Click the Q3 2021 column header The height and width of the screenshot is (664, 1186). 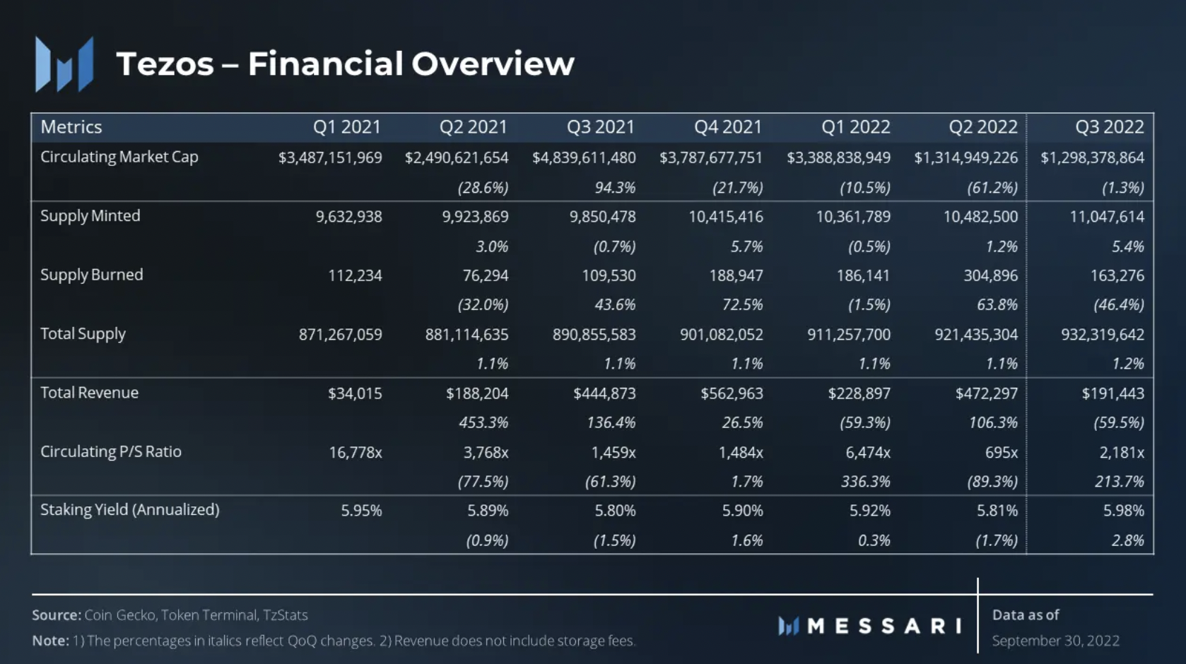tap(600, 127)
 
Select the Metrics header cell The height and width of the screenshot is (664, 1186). tap(71, 127)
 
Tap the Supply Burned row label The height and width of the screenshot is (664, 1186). tap(92, 275)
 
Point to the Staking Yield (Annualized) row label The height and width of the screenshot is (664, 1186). tap(130, 509)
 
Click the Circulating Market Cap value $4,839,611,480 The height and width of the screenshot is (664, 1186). tap(584, 158)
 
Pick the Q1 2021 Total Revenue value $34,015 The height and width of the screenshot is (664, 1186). tap(355, 393)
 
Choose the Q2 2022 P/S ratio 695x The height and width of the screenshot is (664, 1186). tap(1002, 452)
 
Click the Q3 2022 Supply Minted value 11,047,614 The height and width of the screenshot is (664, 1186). tap(1107, 216)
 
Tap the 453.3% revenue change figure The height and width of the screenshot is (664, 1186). tap(483, 422)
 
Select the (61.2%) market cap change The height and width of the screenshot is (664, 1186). tap(992, 188)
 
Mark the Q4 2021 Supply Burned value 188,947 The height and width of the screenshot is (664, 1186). tap(736, 275)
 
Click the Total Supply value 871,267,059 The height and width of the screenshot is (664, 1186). tap(341, 334)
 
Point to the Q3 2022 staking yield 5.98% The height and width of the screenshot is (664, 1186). tap(1124, 511)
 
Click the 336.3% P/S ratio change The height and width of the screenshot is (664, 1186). tap(866, 482)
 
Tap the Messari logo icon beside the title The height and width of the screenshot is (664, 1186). tap(64, 64)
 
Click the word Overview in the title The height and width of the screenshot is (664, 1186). tap(493, 64)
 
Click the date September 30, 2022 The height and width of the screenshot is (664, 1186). tap(1056, 641)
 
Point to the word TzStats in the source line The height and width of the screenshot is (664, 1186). tap(286, 615)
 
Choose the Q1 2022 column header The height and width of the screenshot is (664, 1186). tap(856, 127)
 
